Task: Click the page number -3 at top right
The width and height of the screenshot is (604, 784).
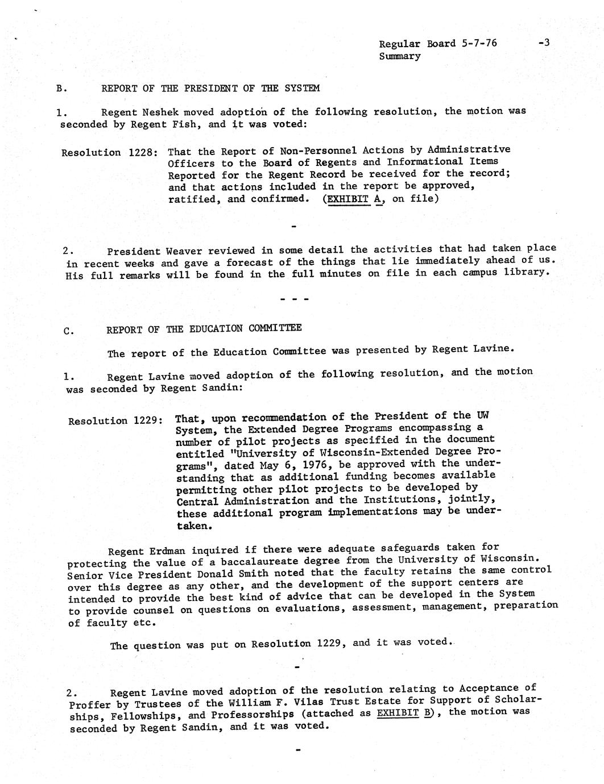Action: tap(543, 43)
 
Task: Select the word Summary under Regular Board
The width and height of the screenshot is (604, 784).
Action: tap(400, 56)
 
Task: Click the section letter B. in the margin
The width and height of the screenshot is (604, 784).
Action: tap(62, 89)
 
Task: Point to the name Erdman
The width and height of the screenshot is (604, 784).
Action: tap(167, 551)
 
